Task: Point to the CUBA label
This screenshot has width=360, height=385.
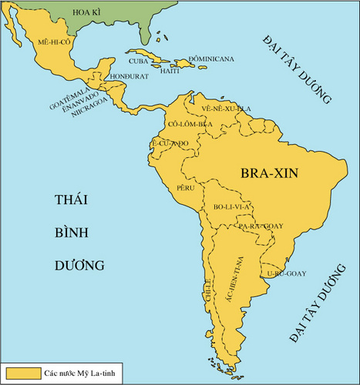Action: click(x=139, y=60)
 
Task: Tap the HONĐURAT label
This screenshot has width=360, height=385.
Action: click(x=129, y=77)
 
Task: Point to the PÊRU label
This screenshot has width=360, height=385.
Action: click(x=186, y=186)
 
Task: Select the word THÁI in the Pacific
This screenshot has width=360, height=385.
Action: click(x=71, y=200)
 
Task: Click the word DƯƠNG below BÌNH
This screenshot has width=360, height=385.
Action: click(x=79, y=266)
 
